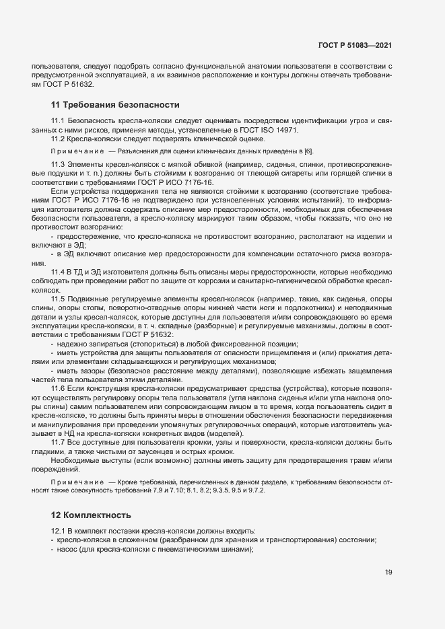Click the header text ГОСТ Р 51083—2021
(355, 45)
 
